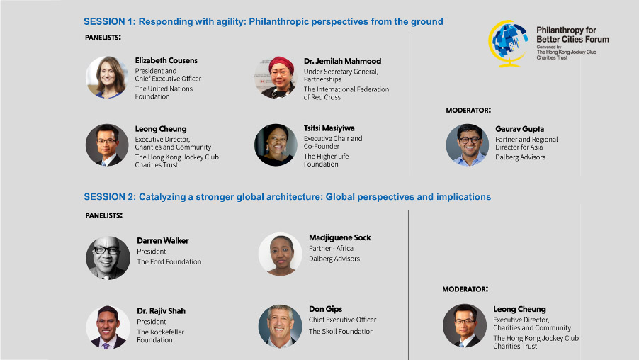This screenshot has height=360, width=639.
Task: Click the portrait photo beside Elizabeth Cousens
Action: tap(107, 77)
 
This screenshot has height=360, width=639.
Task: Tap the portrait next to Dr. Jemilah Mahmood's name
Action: tap(276, 77)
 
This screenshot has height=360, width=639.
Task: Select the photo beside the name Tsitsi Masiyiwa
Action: tap(276, 145)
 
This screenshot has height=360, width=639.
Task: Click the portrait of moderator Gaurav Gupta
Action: tap(468, 145)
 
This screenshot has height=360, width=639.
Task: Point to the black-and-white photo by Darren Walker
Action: tap(108, 258)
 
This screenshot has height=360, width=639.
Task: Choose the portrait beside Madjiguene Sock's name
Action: tap(281, 254)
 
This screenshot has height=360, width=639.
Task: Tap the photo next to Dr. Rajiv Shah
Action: tap(108, 327)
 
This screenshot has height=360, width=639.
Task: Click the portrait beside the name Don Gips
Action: tap(281, 326)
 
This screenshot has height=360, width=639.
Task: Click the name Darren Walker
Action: tap(163, 240)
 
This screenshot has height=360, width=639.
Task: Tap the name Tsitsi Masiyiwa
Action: tap(329, 128)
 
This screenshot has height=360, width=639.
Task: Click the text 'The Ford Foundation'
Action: tap(169, 261)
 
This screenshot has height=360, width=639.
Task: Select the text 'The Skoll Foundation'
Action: tap(341, 332)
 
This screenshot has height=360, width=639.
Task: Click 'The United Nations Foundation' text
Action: tap(164, 93)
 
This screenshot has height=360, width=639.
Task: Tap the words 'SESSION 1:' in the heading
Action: tap(110, 21)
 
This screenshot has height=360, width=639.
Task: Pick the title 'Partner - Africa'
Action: tap(331, 248)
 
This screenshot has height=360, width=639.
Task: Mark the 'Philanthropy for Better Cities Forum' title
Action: tap(572, 35)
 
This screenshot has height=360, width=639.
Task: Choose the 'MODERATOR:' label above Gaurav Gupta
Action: tap(468, 110)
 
